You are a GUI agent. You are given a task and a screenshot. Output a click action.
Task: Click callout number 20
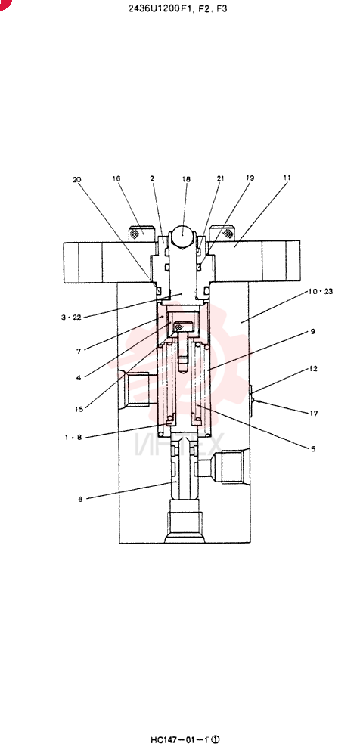pos(76,179)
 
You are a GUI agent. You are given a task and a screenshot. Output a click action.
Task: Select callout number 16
pos(116,178)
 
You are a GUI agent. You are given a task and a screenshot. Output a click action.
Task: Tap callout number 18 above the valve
pos(186,179)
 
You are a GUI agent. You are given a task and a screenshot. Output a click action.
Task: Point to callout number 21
pos(221,178)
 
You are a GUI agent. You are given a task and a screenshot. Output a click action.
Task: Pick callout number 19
pos(250,178)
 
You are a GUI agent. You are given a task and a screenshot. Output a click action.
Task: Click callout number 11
pos(287,178)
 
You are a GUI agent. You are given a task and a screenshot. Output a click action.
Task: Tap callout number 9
pos(312,331)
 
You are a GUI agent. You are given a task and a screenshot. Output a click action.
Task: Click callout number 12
pos(313,369)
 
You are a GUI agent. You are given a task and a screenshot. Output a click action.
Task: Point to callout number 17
pos(314,413)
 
